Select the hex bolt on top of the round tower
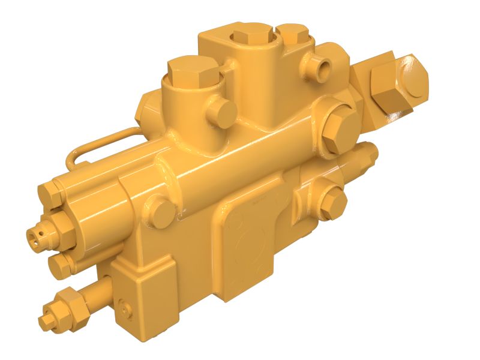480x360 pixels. click(x=189, y=73)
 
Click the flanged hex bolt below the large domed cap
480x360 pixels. click(x=337, y=127)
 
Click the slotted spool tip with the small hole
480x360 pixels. click(x=37, y=236)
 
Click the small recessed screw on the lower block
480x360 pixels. click(x=125, y=305)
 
